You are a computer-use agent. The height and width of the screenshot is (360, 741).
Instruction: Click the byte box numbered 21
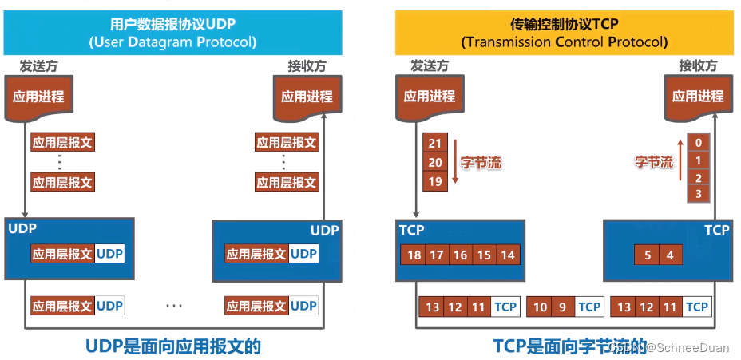pos(435,143)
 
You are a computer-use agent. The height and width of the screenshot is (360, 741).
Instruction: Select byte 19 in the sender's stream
pos(435,181)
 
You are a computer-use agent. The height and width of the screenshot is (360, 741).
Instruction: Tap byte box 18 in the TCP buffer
pos(413,255)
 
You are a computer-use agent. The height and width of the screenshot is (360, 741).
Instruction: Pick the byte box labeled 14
pos(507,255)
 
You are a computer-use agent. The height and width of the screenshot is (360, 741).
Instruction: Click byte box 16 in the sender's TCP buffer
pos(460,255)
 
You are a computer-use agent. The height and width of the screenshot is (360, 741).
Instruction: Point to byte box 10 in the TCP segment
pos(541,307)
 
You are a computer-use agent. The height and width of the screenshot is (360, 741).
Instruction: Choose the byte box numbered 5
pos(648,255)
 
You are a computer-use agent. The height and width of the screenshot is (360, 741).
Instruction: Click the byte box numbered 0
pos(699,143)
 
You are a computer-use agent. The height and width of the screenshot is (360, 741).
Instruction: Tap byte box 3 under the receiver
pos(699,194)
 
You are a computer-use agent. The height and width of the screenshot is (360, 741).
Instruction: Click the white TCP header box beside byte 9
pos(589,307)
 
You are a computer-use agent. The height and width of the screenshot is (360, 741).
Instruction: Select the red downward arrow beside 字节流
pos(454,162)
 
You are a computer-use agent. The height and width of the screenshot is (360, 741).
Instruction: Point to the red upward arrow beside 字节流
pos(680,162)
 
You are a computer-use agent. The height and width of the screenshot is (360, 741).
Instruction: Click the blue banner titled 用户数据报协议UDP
pos(173,33)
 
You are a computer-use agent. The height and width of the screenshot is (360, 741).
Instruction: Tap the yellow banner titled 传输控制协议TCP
pos(564,33)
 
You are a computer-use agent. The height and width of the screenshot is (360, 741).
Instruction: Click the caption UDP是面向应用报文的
pos(173,346)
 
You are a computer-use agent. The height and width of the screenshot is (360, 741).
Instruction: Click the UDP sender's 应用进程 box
pos(38,97)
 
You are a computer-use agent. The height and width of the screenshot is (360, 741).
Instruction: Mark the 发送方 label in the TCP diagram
pos(430,66)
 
